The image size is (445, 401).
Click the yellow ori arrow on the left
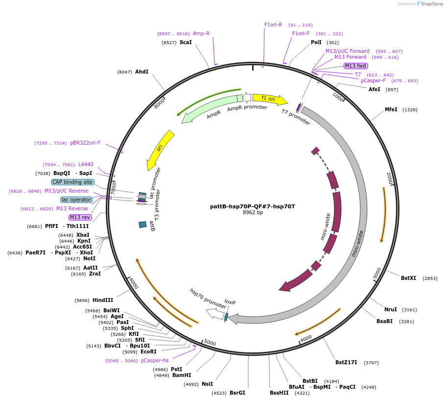point(161,150)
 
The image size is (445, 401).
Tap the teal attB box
point(142,225)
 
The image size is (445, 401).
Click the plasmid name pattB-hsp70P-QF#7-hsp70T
point(253,206)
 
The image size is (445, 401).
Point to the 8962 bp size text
point(253,213)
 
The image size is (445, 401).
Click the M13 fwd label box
point(355,66)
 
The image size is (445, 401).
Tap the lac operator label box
point(76,200)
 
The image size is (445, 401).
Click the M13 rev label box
point(80,217)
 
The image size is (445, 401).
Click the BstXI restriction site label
point(408,278)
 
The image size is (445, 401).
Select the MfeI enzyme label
point(391,110)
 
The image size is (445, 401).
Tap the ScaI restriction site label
point(186,43)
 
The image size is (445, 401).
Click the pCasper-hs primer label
point(155,361)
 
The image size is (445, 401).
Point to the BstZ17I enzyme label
point(346,363)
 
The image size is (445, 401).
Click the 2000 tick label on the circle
point(390,178)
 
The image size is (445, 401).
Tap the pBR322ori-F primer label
point(85,143)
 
